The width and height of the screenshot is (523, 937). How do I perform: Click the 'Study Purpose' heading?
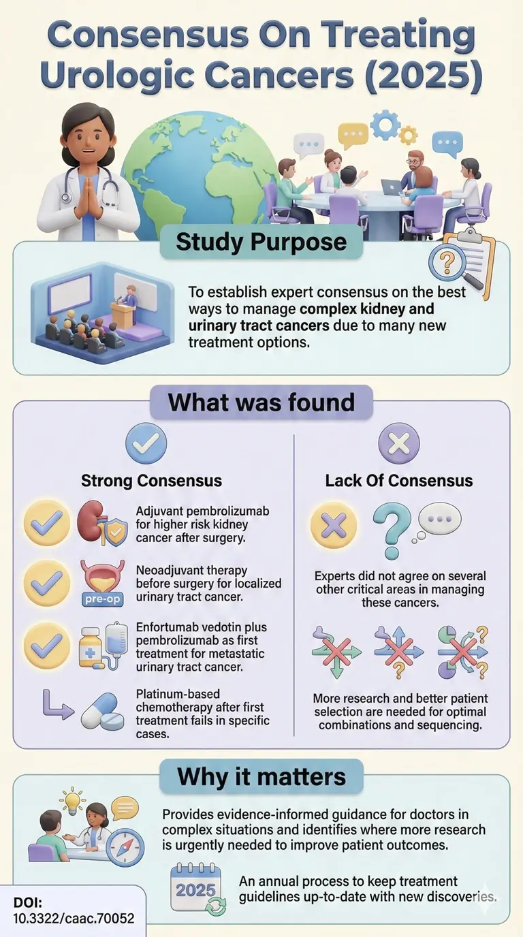click(261, 242)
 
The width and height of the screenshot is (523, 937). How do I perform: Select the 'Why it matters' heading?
click(261, 777)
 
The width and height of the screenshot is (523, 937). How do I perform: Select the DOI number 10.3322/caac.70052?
click(74, 918)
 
